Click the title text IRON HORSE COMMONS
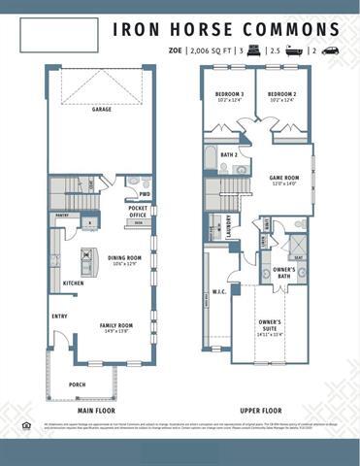(x=226, y=29)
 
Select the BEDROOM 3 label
(x=229, y=94)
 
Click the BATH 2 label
(x=229, y=154)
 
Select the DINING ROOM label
(x=125, y=258)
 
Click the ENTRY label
(x=60, y=316)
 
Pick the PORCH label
(x=78, y=383)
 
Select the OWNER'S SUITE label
(x=271, y=323)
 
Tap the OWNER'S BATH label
(x=283, y=272)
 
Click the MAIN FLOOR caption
(x=98, y=411)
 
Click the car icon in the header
(x=331, y=50)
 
